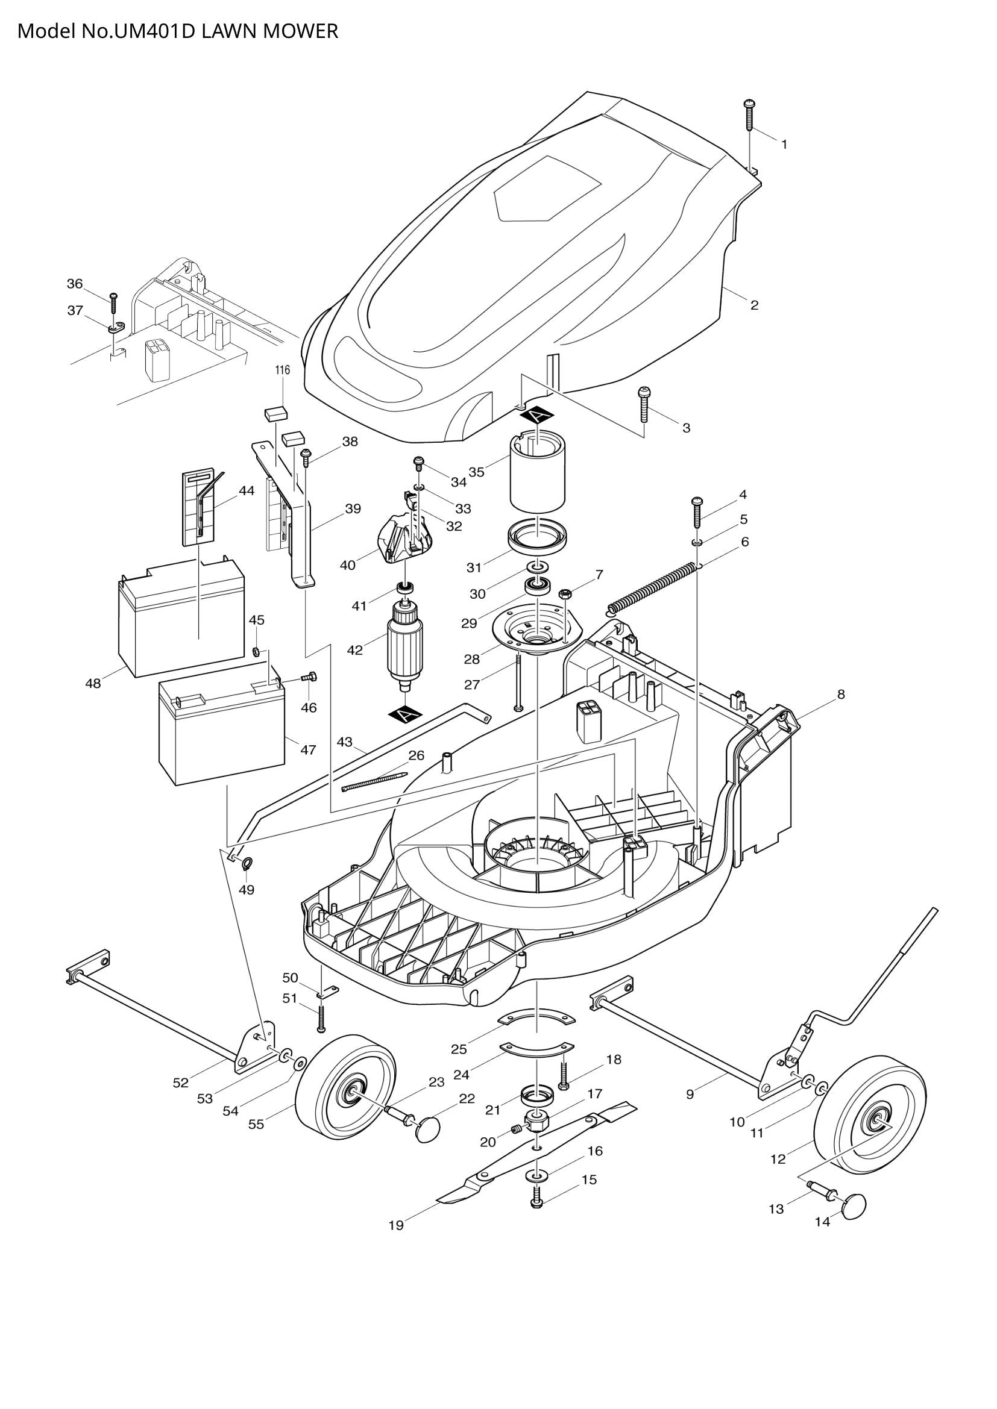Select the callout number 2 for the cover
pyautogui.click(x=755, y=305)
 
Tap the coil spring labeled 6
pyautogui.click(x=653, y=588)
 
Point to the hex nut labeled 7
pyautogui.click(x=565, y=593)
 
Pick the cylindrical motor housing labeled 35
pyautogui.click(x=538, y=473)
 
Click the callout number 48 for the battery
pyautogui.click(x=93, y=684)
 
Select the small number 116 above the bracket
pyautogui.click(x=281, y=370)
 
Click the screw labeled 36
pyautogui.click(x=113, y=303)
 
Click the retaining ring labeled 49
pyautogui.click(x=247, y=864)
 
